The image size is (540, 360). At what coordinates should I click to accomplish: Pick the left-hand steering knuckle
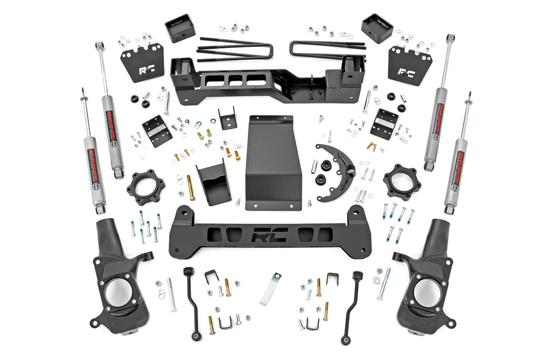(x=118, y=278)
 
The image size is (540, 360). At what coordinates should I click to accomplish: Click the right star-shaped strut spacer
(x=402, y=182)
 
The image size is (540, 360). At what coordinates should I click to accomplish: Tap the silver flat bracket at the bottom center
(x=271, y=289)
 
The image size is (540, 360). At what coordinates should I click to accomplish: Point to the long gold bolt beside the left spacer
(x=191, y=188)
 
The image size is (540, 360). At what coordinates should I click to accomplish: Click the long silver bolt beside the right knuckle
(x=384, y=283)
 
